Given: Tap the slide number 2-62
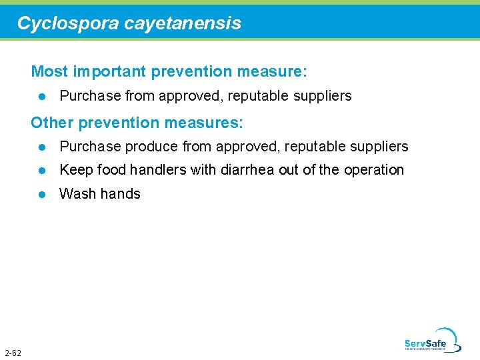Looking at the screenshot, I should tap(13, 352).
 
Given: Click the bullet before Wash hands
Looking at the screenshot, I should tap(42, 194).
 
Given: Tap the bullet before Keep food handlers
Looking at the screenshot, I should tap(42, 171).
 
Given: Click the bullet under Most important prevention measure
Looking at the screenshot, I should tap(42, 96).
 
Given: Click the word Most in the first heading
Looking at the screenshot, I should tap(49, 71).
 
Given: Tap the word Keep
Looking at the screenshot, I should tap(76, 170).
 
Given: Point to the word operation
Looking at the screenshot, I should tap(374, 170).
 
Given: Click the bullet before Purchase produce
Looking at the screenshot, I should tap(42, 147).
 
